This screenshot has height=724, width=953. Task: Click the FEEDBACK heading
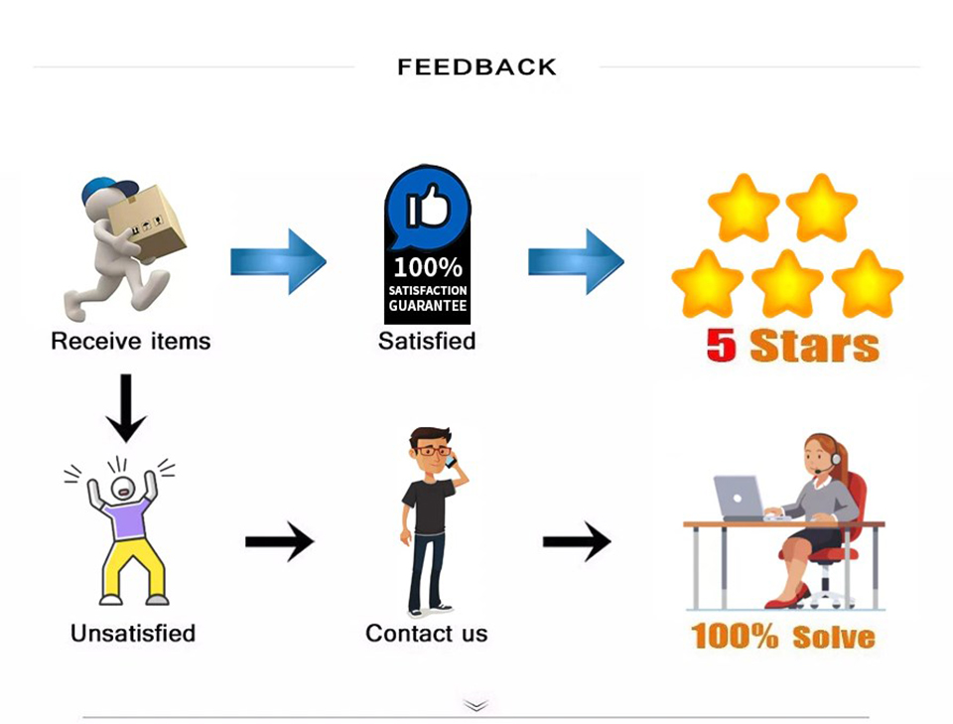(x=477, y=67)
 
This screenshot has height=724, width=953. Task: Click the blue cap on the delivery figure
(x=108, y=192)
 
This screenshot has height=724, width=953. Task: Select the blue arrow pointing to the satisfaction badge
(x=278, y=262)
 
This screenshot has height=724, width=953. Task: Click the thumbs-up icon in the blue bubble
(x=428, y=206)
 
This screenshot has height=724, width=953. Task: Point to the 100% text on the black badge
(x=428, y=267)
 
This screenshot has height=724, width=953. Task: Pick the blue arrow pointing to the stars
(x=576, y=262)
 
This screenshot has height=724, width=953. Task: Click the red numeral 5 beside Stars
(x=722, y=345)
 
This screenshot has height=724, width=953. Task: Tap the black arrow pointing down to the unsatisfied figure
(x=126, y=408)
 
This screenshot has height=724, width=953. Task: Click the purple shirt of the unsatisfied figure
(x=126, y=516)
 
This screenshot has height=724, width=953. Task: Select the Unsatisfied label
(x=133, y=634)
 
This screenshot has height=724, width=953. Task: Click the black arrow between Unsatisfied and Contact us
(x=280, y=541)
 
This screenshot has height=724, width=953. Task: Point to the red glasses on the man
(x=432, y=451)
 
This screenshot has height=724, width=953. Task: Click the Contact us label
(x=427, y=634)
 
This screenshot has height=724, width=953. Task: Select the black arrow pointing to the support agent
(x=577, y=541)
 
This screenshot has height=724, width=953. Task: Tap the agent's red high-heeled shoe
(x=788, y=597)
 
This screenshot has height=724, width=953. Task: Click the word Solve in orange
(x=833, y=637)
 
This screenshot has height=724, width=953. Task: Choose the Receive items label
(x=131, y=341)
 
